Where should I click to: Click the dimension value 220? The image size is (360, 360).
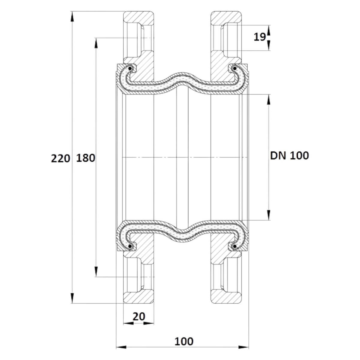pyautogui.click(x=61, y=159)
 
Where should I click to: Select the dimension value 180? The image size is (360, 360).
pyautogui.click(x=85, y=158)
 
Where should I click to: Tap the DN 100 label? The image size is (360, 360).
pyautogui.click(x=289, y=156)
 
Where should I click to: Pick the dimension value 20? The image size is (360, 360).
pyautogui.click(x=139, y=316)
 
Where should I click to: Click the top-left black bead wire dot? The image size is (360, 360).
pyautogui.click(x=130, y=69)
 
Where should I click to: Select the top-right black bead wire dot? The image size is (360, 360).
pyautogui.click(x=235, y=69)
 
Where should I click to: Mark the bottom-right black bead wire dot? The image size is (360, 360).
pyautogui.click(x=235, y=247)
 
